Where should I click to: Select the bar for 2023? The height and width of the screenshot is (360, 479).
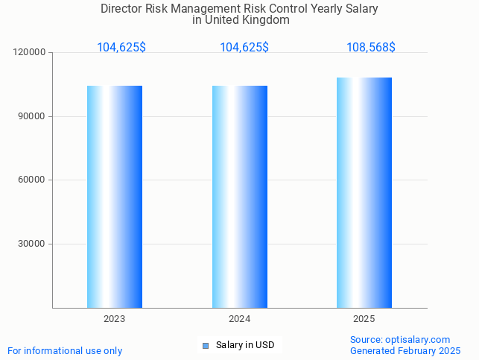115,196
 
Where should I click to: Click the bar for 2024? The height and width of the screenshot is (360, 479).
240,196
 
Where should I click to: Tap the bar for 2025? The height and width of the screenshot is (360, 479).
364,192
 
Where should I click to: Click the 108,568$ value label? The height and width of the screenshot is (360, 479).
371,47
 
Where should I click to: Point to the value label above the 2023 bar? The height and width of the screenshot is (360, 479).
121,47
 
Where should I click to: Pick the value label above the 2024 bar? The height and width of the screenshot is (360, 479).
244,47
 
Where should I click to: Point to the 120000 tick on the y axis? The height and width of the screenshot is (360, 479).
31,52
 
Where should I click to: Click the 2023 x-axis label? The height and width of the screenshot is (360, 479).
115,319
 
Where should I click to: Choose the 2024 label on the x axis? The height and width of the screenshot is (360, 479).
240,319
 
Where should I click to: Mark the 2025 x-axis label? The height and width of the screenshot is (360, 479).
364,319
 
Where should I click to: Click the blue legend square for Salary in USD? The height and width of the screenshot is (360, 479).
206,345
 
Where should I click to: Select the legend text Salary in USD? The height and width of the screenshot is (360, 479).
245,345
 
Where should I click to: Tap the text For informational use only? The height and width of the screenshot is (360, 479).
65,350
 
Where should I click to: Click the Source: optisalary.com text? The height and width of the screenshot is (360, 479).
400,339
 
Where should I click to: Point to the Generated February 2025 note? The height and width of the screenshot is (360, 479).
405,350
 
